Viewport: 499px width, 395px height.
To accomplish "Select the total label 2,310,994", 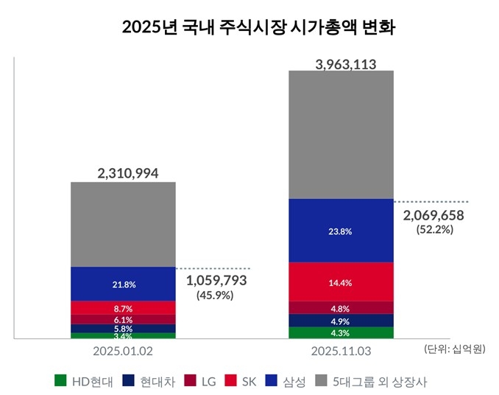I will [123, 173].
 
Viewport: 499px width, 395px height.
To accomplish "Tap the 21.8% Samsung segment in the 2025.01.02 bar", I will [123, 284].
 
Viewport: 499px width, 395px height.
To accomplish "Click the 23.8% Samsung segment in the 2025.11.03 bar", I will [341, 231].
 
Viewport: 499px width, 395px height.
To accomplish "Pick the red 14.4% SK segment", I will [341, 282].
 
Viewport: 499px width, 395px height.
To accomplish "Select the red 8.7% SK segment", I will [123, 307].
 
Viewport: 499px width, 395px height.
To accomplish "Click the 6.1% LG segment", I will [123, 320].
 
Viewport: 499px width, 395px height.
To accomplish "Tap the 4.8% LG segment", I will [341, 308].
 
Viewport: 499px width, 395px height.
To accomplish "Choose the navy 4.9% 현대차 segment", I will [341, 321].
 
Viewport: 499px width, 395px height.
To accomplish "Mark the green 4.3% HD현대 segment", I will [341, 332].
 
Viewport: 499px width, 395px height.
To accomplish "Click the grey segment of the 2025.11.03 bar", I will [341, 135].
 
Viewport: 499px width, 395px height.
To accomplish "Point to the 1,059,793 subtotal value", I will [216, 281].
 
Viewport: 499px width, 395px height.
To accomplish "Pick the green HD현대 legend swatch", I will [61, 380].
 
